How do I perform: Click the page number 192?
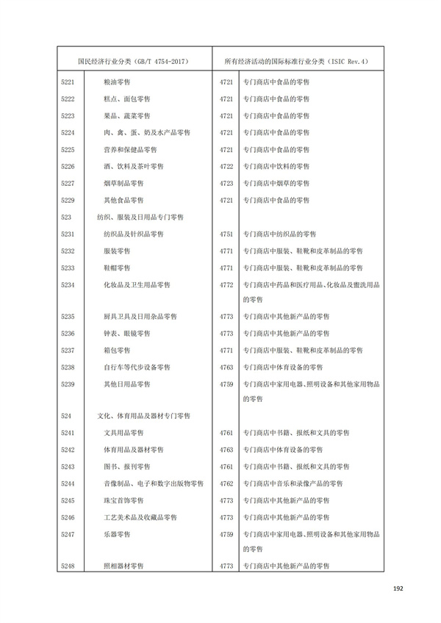(398, 588)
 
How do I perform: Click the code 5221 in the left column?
(68, 82)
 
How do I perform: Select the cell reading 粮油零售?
(120, 82)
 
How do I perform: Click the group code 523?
(66, 217)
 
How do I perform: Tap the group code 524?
(66, 416)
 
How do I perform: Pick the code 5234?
(68, 284)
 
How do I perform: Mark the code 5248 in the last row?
(68, 566)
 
